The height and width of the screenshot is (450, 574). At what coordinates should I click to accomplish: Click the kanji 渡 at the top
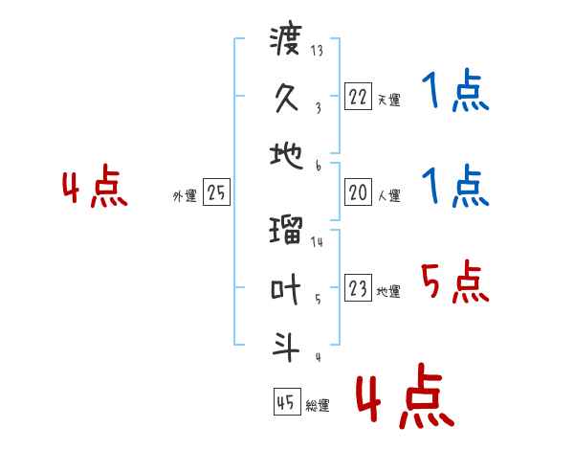(285, 43)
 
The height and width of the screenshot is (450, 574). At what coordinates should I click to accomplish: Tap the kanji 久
(285, 99)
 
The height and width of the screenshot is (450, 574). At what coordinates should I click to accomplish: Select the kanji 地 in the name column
(285, 155)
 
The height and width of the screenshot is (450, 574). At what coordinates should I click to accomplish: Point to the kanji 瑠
(285, 231)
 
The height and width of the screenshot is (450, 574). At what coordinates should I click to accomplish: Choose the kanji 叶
(285, 288)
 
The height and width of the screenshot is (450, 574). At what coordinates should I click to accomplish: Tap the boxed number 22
(358, 97)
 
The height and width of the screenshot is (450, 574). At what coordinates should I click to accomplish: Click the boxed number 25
(216, 193)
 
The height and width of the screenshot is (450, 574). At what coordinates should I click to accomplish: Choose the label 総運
(317, 406)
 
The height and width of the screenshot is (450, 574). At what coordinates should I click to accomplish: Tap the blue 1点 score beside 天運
(454, 93)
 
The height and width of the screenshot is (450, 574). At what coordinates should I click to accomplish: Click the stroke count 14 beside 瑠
(317, 241)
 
